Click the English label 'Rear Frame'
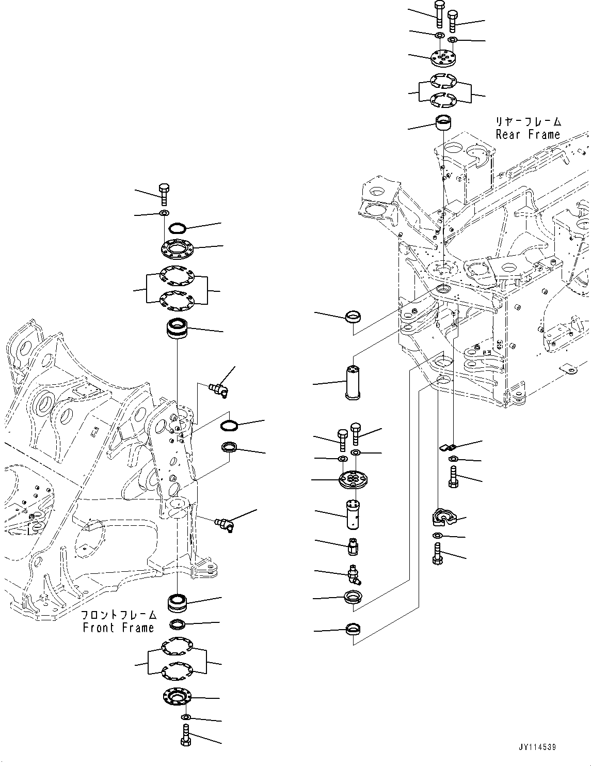528,135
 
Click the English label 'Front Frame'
118,628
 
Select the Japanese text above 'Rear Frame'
528,122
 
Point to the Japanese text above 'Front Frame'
118,615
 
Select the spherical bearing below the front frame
177,603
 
